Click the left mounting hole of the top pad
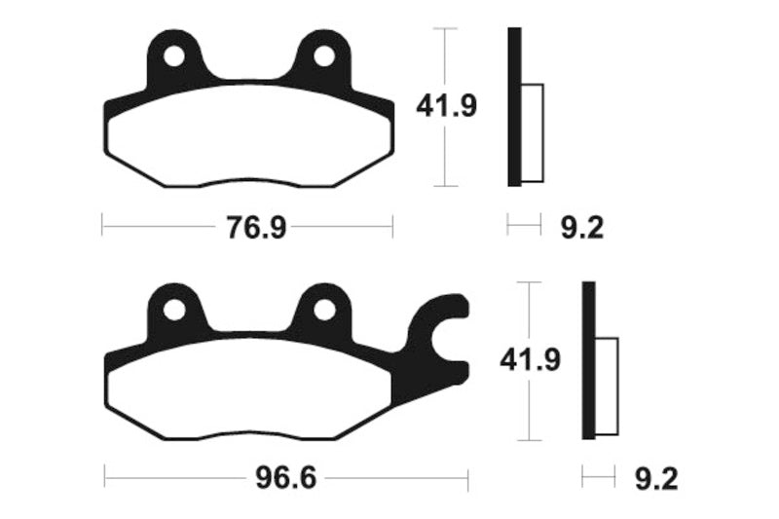(173, 56)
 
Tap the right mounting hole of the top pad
(320, 56)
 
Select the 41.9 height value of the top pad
(447, 106)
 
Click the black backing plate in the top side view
(514, 107)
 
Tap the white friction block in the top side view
(532, 133)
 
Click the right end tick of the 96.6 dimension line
(468, 479)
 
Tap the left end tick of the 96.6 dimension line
(105, 479)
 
